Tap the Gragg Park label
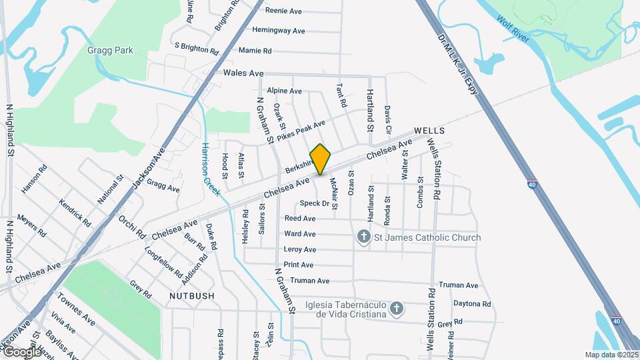pyautogui.click(x=110, y=50)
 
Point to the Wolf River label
pyautogui.click(x=513, y=29)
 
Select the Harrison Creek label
pyautogui.click(x=206, y=163)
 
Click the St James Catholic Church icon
pyautogui.click(x=364, y=237)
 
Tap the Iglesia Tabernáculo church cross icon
pyautogui.click(x=397, y=308)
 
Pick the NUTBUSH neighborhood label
pyautogui.click(x=192, y=295)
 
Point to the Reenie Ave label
pyautogui.click(x=284, y=11)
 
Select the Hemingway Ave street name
pyautogui.click(x=279, y=31)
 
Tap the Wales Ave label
pyautogui.click(x=244, y=73)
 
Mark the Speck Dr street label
pyautogui.click(x=315, y=203)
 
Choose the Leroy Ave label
pyautogui.click(x=300, y=249)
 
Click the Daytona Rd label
pyautogui.click(x=472, y=304)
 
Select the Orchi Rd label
pyautogui.click(x=131, y=226)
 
